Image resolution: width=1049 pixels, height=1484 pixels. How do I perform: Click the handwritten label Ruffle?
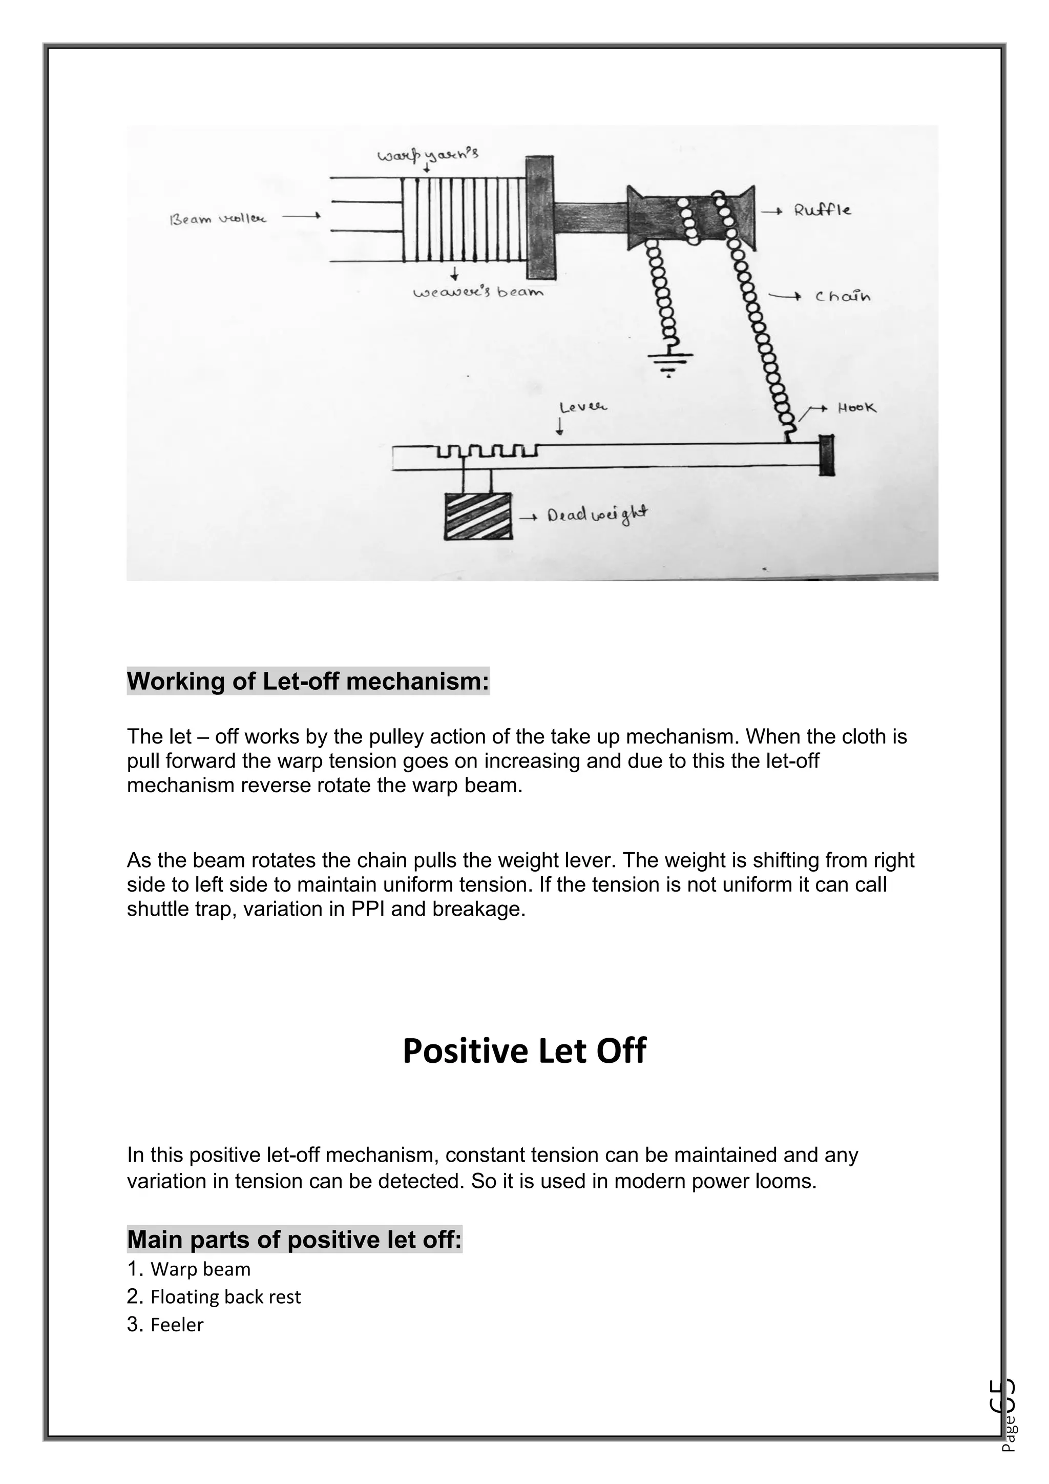pyautogui.click(x=822, y=210)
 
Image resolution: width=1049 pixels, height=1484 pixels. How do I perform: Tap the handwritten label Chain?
pyautogui.click(x=842, y=297)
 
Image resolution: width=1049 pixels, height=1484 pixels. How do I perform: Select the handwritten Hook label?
pyautogui.click(x=856, y=408)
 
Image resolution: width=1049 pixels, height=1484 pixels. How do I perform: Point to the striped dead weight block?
pyautogui.click(x=478, y=516)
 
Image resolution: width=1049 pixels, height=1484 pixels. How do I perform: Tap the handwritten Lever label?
pyautogui.click(x=582, y=408)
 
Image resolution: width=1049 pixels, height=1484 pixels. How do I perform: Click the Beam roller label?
pyautogui.click(x=218, y=219)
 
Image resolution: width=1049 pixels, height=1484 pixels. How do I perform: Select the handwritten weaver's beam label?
pyautogui.click(x=478, y=292)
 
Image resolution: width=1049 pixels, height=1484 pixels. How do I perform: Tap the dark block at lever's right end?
pyautogui.click(x=826, y=456)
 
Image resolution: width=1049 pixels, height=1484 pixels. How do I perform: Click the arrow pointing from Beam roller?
pyautogui.click(x=301, y=217)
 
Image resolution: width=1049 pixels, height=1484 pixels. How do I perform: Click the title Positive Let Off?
pyautogui.click(x=524, y=1051)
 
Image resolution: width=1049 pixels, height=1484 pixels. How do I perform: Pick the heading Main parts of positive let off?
pyautogui.click(x=294, y=1240)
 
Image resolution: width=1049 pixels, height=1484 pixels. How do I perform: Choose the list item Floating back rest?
pyautogui.click(x=225, y=1297)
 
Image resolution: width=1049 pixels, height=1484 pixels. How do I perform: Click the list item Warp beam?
pyautogui.click(x=200, y=1269)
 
